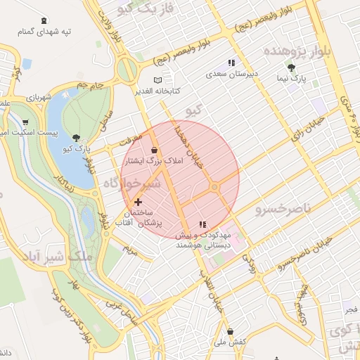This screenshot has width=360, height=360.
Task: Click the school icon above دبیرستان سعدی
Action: point(231,63)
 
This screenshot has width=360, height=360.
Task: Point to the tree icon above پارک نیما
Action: point(291,68)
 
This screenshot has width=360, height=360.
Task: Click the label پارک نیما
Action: point(291,79)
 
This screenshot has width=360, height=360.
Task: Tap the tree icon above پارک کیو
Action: point(76,138)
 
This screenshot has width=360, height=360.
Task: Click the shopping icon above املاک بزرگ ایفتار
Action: point(155,150)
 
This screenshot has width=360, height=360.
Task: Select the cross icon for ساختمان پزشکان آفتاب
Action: point(138,202)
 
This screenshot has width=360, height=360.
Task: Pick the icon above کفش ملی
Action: point(229,331)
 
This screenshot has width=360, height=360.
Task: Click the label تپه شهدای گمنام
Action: point(46,32)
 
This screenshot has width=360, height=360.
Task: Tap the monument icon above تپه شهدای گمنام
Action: point(45,20)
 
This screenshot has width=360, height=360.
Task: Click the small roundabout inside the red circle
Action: point(214,187)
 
